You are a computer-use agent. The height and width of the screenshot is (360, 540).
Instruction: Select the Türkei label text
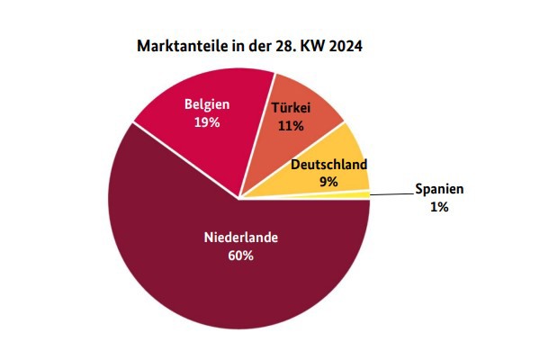291,109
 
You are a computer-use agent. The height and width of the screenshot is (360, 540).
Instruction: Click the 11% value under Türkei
290,126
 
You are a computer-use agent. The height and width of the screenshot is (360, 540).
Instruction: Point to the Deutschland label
328,166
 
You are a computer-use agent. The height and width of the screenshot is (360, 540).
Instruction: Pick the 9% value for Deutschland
328,182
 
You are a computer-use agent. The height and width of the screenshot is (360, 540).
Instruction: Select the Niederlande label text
240,238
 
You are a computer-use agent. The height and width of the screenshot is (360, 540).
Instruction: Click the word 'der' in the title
256,45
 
